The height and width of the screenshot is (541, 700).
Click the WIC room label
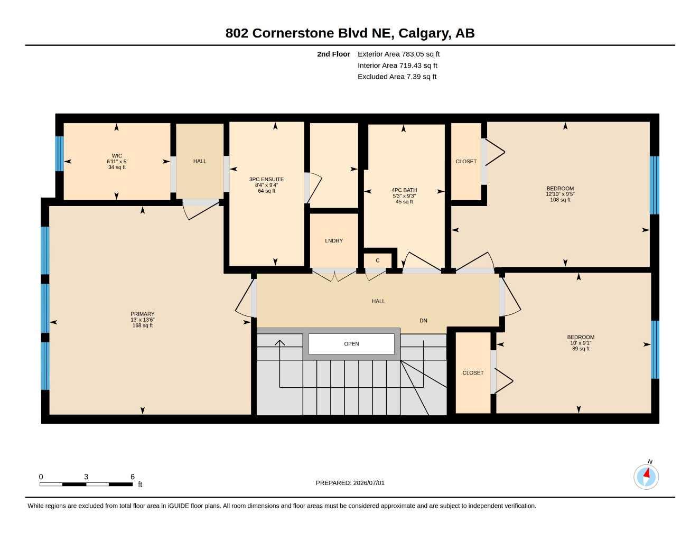(117, 156)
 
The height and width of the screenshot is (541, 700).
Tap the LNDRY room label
(334, 241)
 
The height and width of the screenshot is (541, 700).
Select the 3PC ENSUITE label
(266, 180)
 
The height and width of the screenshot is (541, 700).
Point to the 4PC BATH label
(404, 190)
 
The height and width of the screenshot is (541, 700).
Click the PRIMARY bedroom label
(143, 314)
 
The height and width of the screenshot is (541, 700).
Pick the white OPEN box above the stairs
(351, 344)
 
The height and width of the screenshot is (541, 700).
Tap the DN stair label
(423, 321)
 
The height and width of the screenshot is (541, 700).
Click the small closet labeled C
(378, 260)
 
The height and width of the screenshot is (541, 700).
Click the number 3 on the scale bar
(86, 477)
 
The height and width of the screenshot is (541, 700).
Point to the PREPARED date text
(350, 483)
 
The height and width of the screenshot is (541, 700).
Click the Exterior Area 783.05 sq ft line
(398, 54)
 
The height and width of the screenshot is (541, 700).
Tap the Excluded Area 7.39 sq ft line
(397, 77)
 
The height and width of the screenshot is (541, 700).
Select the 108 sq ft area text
(560, 200)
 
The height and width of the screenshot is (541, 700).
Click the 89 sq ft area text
(581, 349)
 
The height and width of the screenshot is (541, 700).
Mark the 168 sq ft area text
(143, 325)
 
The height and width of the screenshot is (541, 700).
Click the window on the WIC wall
(60, 154)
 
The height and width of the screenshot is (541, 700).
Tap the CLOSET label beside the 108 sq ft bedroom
(466, 162)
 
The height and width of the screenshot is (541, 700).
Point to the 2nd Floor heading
(333, 54)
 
